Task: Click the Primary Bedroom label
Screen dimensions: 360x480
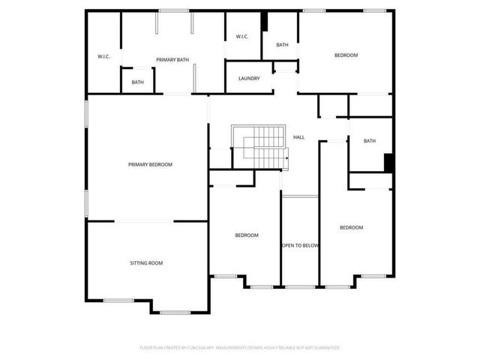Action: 150,164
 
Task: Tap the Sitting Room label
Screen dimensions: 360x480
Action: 146,263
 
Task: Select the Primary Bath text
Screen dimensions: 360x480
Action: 172,59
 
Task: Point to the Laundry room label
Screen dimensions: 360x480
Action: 249,79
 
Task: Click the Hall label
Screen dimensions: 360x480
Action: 298,137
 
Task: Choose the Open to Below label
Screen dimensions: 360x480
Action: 300,246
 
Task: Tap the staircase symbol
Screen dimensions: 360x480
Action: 259,147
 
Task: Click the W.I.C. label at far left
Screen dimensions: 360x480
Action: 103,57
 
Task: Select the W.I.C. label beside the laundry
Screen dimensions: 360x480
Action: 242,37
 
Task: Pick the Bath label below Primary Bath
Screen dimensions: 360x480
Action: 138,82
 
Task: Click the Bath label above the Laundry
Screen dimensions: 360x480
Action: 282,45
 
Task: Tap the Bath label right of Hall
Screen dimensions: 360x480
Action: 370,141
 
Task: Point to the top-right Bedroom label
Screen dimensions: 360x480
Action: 346,55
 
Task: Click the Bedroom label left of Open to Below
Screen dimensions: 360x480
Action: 247,235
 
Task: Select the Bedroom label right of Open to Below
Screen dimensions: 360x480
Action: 351,228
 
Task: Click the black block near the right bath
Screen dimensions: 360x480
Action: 388,163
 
